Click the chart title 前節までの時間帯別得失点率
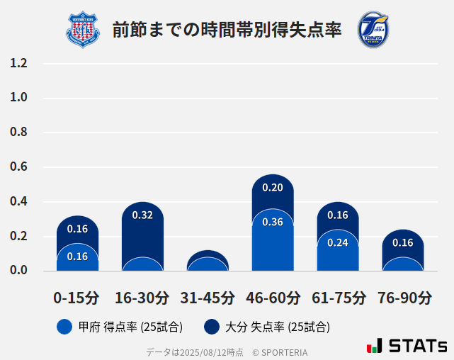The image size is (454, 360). [227, 30]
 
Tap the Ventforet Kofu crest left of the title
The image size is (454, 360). [84, 30]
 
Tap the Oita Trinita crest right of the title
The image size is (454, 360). [373, 30]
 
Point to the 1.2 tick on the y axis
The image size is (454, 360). [19, 63]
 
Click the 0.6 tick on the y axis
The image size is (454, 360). [19, 167]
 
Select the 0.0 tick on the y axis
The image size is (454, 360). [19, 271]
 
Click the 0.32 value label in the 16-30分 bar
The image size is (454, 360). [142, 215]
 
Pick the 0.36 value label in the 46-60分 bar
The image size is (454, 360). [273, 222]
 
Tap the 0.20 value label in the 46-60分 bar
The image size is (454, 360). [273, 188]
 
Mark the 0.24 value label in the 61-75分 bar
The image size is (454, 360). [338, 242]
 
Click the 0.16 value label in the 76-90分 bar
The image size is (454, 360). [402, 243]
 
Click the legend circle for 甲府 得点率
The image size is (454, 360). [64, 327]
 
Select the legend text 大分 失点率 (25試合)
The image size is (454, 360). [277, 327]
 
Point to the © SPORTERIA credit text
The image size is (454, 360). [280, 351]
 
